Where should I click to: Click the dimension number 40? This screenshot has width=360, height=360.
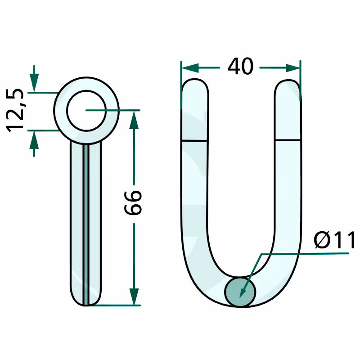(x=240, y=66)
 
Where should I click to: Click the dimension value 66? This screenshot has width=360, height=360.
(x=133, y=203)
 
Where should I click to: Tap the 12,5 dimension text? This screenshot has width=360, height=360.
(x=15, y=110)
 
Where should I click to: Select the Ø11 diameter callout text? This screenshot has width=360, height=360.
(x=334, y=240)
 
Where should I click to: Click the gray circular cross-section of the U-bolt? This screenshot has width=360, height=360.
(x=240, y=292)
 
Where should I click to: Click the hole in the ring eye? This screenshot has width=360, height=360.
(x=86, y=111)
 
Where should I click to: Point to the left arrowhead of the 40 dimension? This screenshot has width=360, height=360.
(x=190, y=68)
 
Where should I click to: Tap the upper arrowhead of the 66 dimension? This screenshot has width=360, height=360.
(x=134, y=120)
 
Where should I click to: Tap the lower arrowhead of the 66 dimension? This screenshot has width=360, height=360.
(x=134, y=297)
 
